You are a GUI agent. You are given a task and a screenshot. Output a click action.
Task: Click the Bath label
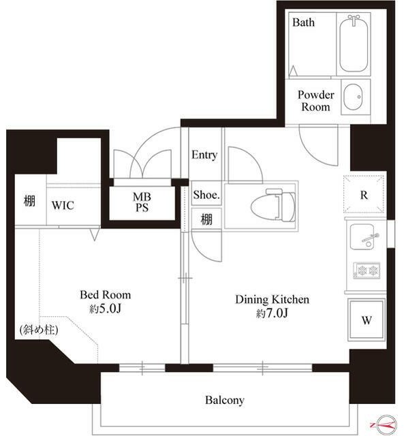tap(303, 22)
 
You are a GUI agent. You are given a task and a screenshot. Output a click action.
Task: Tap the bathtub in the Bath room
tap(354, 44)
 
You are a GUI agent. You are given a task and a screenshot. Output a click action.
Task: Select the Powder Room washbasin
tap(353, 97)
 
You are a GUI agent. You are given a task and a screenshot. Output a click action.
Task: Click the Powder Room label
tap(315, 101)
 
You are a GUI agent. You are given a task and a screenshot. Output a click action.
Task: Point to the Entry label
tap(204, 155)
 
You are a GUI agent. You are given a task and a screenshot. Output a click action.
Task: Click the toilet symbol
tap(273, 205)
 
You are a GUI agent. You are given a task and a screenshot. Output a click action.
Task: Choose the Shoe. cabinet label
tap(206, 195)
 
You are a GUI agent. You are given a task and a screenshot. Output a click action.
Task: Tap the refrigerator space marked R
tap(364, 195)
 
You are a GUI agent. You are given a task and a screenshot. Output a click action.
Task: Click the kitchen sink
tap(364, 237)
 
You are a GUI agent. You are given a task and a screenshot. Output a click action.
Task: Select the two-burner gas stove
tap(366, 270)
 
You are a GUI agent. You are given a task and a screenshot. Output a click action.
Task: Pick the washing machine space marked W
tap(366, 320)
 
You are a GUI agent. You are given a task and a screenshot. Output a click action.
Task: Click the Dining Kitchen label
tap(272, 300)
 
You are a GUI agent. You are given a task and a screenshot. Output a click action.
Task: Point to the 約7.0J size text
tap(272, 313)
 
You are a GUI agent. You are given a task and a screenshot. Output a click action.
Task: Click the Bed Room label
tap(105, 295)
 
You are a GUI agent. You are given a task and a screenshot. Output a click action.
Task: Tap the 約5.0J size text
tap(105, 309)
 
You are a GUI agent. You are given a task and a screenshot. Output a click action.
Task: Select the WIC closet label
tap(63, 206)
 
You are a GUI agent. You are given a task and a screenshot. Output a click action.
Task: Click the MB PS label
tap(142, 202)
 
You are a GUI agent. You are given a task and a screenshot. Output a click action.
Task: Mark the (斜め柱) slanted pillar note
tap(39, 330)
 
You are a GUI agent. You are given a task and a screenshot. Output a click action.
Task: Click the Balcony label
tap(225, 400)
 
